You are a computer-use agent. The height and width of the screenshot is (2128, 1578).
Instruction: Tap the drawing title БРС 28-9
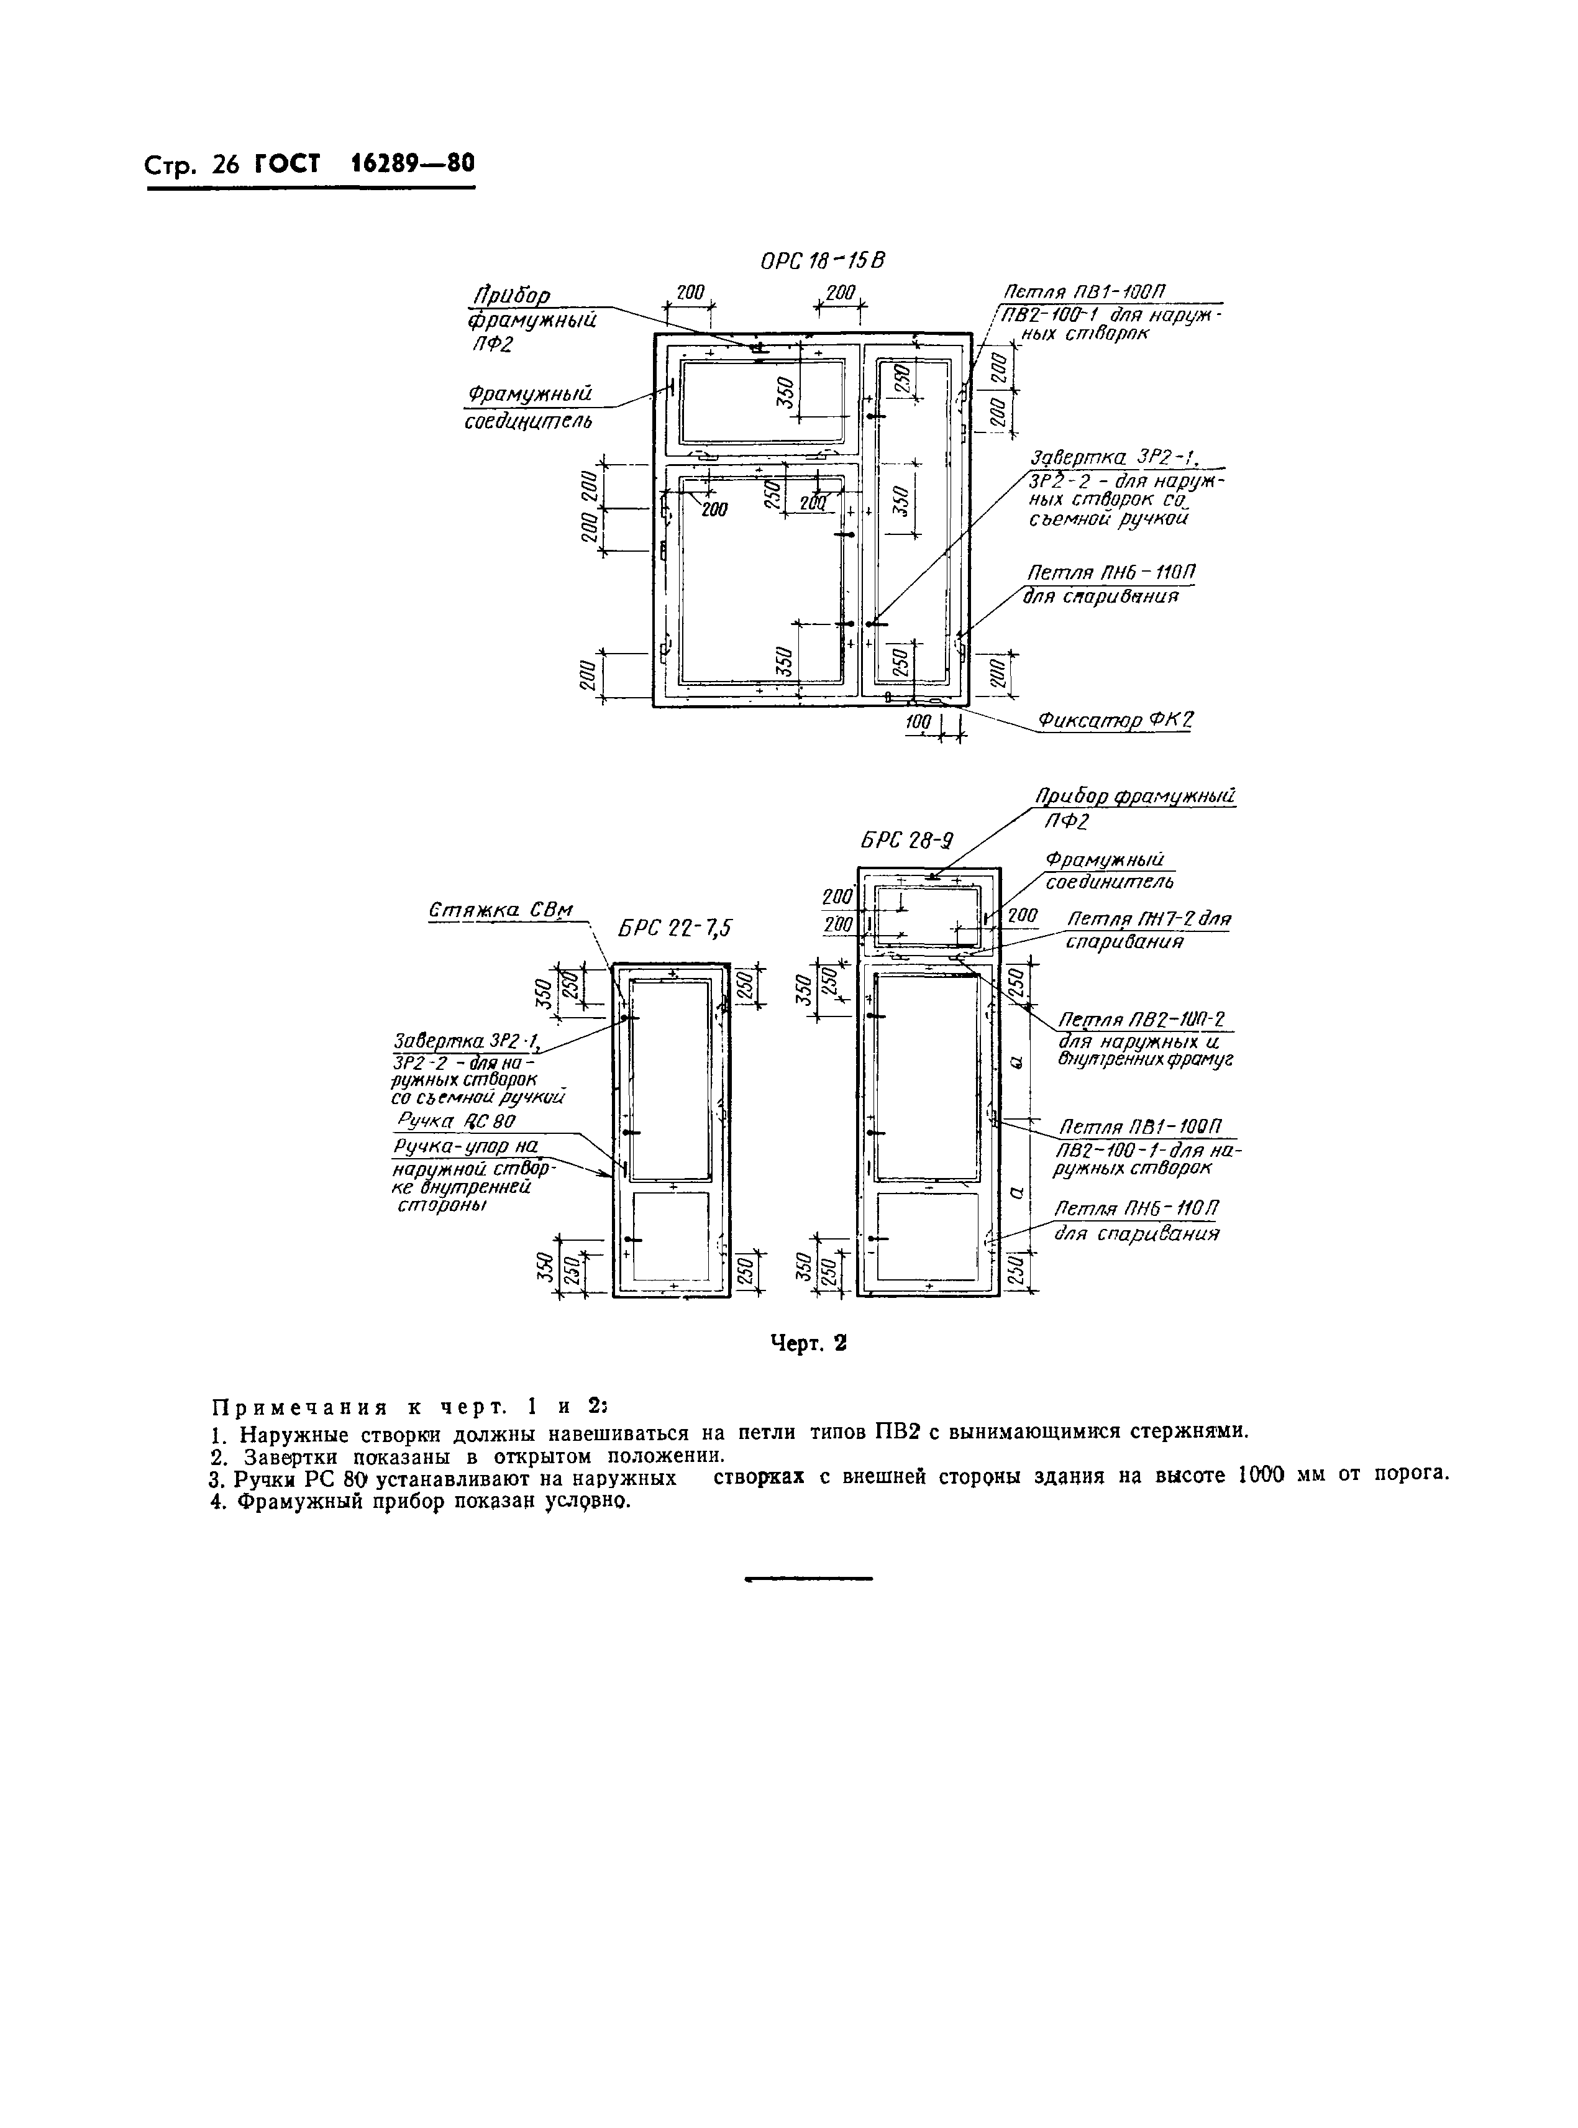(x=906, y=841)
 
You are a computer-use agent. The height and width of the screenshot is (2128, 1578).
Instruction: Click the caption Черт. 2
(x=809, y=1344)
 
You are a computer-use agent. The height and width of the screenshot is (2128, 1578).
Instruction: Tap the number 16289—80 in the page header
(x=412, y=163)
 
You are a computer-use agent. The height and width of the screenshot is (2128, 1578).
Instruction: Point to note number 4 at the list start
(x=217, y=1502)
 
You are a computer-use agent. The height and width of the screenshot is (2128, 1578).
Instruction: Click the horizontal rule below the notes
(x=808, y=1579)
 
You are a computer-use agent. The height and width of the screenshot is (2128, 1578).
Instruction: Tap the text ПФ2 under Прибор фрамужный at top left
(x=492, y=343)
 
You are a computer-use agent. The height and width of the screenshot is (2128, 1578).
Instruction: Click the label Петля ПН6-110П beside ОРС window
(x=1111, y=573)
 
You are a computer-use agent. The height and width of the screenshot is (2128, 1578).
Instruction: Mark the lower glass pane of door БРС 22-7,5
(x=672, y=1234)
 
